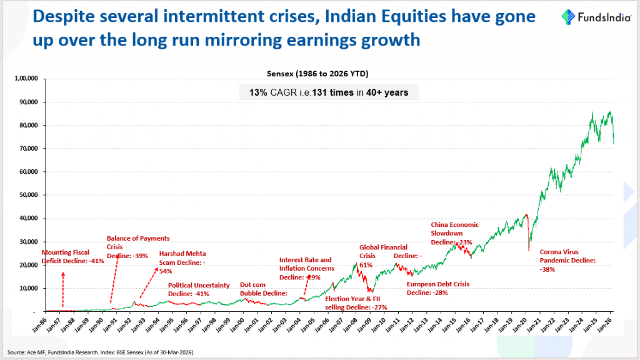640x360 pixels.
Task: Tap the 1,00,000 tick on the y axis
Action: (x=26, y=79)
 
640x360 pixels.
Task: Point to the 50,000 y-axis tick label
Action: (x=29, y=195)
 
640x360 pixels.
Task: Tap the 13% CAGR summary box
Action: (x=329, y=92)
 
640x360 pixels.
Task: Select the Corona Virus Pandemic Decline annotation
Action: (x=567, y=260)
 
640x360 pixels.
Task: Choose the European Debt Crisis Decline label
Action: (x=437, y=288)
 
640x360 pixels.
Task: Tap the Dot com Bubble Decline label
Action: (x=264, y=288)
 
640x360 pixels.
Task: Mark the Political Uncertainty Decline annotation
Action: (x=199, y=289)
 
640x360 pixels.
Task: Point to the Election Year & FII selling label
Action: (x=357, y=302)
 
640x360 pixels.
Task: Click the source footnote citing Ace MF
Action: (x=101, y=352)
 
